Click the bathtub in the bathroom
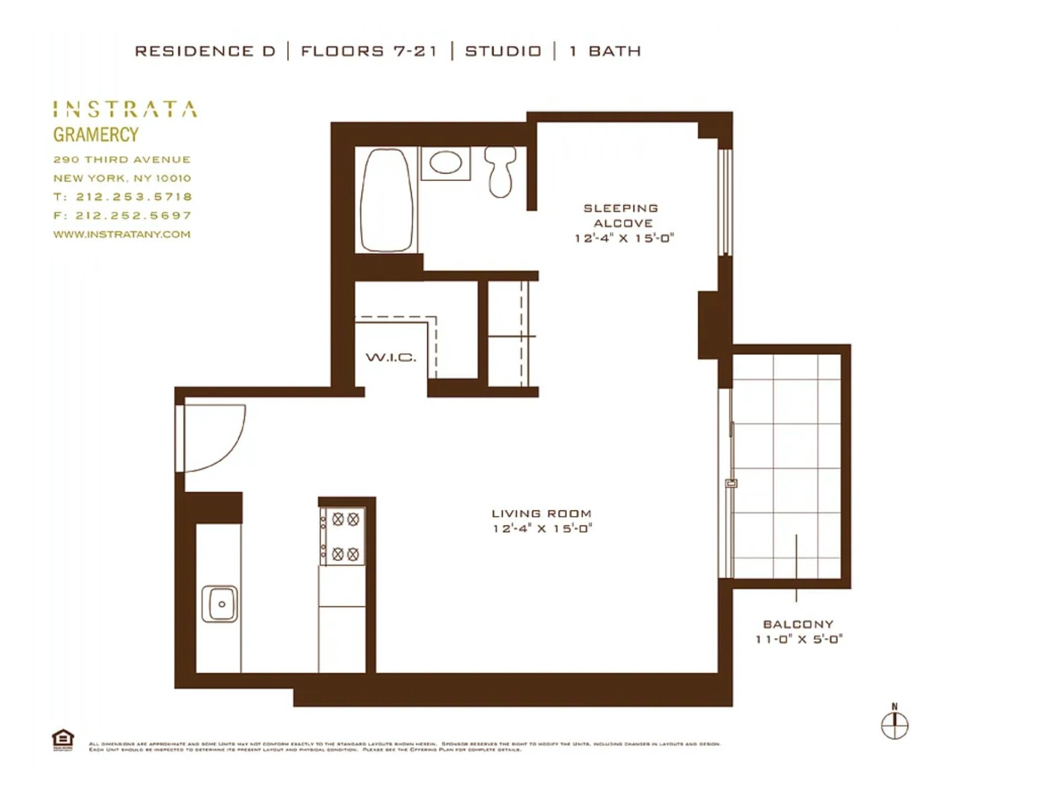[x=387, y=200]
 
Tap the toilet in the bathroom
[x=500, y=172]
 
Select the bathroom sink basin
[x=446, y=162]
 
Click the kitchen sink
[x=220, y=603]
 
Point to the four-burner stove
[x=342, y=536]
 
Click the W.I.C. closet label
[x=391, y=358]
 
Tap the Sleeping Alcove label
[x=621, y=215]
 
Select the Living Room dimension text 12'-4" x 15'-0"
[x=542, y=528]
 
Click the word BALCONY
[x=798, y=624]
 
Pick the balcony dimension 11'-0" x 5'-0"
[x=798, y=639]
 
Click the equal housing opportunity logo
[x=63, y=739]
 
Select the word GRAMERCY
[x=95, y=135]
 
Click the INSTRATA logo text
[x=125, y=109]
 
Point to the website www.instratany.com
[x=122, y=234]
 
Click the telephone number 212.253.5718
[x=134, y=197]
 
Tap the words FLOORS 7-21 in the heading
[x=369, y=51]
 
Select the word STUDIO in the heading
[x=503, y=51]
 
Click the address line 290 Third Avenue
[x=122, y=159]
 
